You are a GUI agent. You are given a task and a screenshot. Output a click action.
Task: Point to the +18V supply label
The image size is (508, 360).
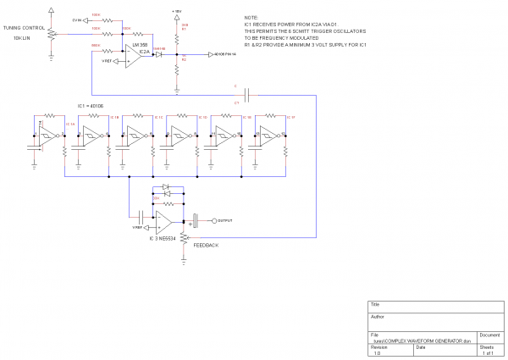[176, 11]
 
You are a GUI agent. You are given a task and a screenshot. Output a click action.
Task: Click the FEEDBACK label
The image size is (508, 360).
[207, 245]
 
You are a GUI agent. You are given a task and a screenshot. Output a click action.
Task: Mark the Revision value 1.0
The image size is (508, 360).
[378, 353]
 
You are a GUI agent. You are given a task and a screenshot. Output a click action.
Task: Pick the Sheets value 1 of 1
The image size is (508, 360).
[486, 353]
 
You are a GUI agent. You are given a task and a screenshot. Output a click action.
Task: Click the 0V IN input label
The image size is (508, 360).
[77, 19]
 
